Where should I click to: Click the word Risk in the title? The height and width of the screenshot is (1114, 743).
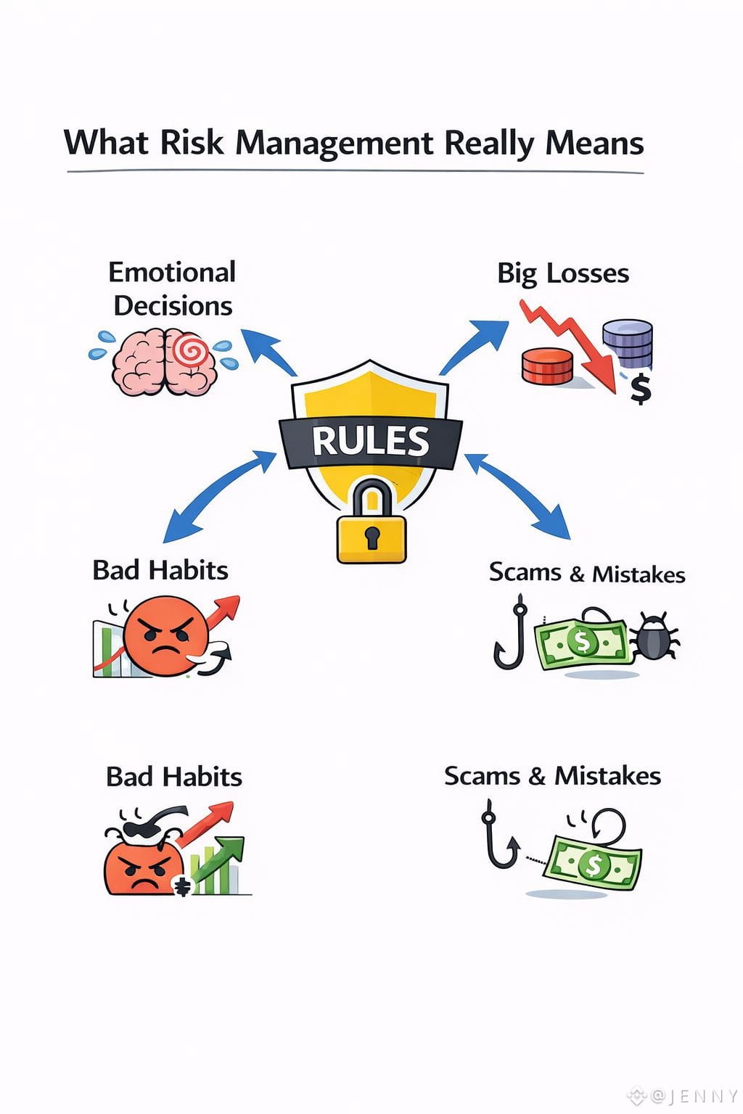click(x=192, y=142)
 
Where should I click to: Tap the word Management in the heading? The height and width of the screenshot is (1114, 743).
click(x=334, y=144)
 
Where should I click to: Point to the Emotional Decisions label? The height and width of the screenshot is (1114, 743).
click(x=173, y=289)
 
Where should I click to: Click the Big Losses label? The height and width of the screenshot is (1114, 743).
click(x=563, y=273)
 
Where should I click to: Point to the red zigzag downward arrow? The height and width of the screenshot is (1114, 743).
click(x=573, y=344)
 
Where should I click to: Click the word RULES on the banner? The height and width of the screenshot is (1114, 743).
click(x=371, y=441)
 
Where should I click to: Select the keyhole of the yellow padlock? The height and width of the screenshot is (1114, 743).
click(x=372, y=537)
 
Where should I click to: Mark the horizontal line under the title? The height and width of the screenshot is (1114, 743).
click(x=355, y=172)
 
